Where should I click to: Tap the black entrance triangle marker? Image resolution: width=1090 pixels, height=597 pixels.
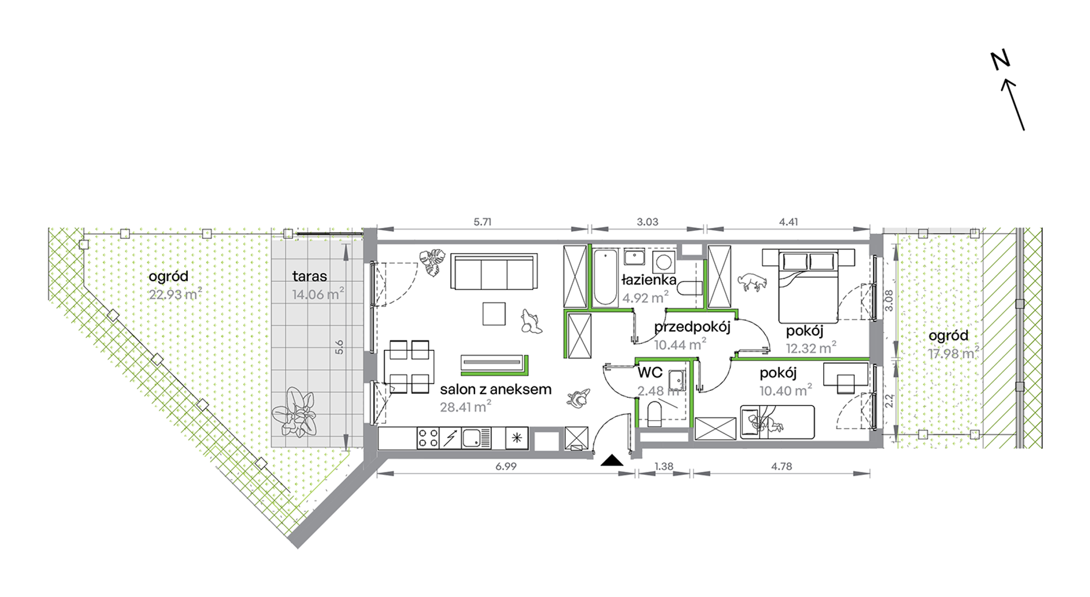coord(612,460)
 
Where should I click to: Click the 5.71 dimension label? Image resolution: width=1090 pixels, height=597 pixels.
coord(482,222)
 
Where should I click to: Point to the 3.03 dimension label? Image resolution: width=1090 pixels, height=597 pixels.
coord(647,222)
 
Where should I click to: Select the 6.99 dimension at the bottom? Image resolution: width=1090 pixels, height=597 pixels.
coord(506,466)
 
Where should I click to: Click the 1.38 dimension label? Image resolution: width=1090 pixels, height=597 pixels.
coord(664,466)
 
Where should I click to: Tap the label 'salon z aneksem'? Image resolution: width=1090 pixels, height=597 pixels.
coord(496,389)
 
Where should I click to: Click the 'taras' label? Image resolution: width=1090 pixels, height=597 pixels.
coord(310,276)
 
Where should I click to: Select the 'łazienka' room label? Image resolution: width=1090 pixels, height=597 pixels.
coord(649,280)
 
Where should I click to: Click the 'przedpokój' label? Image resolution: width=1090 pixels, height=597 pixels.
coord(692,327)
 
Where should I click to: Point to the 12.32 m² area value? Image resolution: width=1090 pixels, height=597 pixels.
coord(811,348)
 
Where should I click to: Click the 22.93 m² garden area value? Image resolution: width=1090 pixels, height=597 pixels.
coord(175,294)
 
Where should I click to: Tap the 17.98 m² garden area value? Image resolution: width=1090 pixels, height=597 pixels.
coord(953,354)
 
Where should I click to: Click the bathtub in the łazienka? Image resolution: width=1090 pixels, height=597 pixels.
coord(605,277)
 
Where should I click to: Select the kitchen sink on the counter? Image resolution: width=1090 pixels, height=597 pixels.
coord(476,439)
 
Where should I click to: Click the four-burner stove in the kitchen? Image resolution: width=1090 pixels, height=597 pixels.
coord(427,439)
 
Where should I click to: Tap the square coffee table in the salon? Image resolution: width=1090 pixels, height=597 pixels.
coord(494,313)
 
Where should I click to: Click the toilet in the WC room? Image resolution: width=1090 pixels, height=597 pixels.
coord(655,414)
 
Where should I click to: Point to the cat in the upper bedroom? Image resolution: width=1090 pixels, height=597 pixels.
coord(752,281)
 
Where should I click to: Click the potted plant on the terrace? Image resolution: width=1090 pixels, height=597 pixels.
coord(295,412)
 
